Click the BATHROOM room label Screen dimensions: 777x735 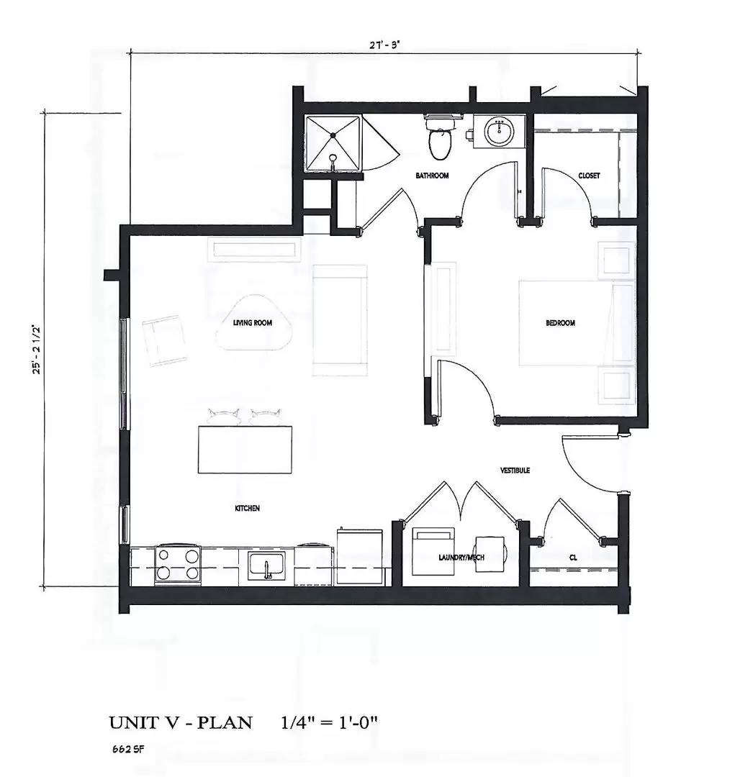(433, 176)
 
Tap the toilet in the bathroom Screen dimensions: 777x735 (439, 140)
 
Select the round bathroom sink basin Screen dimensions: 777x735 (498, 132)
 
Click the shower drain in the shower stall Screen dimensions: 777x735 (333, 134)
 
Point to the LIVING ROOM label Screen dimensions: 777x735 (252, 323)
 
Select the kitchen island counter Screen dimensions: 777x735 (245, 449)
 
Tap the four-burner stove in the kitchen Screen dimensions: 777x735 (178, 564)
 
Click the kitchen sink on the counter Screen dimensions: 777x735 (271, 565)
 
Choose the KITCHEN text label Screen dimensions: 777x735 (247, 508)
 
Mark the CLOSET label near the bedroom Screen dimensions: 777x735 (589, 176)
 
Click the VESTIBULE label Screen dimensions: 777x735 (515, 470)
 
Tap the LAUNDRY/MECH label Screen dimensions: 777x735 (459, 557)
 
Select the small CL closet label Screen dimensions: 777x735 (573, 557)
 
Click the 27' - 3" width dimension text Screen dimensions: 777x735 (384, 44)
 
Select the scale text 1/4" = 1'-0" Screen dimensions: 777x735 (329, 722)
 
